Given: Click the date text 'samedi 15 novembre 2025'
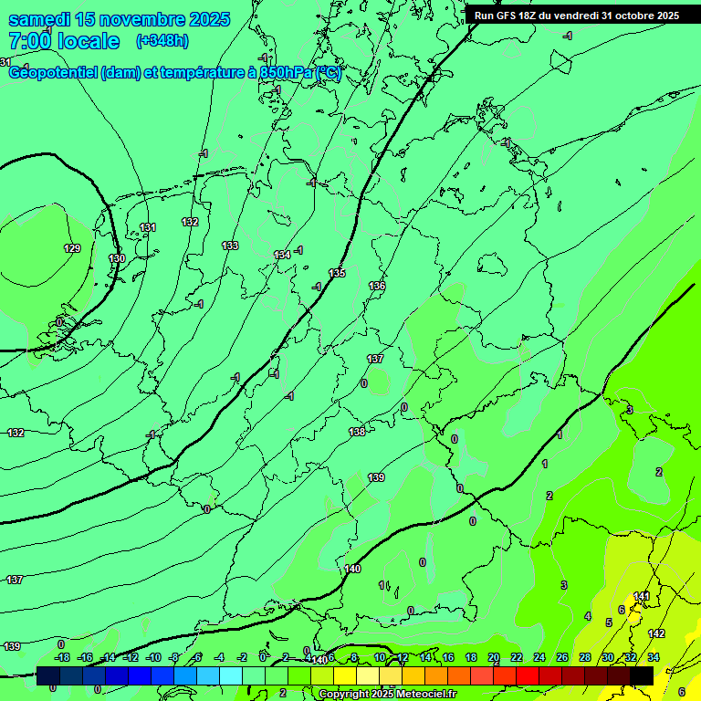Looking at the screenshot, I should (119, 19).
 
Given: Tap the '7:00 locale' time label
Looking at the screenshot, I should (64, 41).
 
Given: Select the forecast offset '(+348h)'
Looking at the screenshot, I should (162, 41).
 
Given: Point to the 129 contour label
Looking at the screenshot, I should (72, 248).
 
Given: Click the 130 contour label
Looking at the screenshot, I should (117, 259).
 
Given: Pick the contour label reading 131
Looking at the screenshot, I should (148, 227).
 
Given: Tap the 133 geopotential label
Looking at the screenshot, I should (230, 246).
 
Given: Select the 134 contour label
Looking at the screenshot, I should (282, 255).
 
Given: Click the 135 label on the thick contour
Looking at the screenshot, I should (337, 273).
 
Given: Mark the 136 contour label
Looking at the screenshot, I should (377, 286).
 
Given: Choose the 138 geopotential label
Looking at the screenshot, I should (357, 432).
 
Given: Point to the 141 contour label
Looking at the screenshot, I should (642, 596).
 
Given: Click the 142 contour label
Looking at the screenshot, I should (656, 633).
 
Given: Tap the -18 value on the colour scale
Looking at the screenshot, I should (63, 657).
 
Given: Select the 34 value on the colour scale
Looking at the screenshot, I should (654, 657).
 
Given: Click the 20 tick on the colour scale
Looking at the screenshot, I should (494, 657).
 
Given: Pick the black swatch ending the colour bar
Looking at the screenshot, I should (642, 675).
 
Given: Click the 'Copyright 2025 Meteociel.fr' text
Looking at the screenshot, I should (387, 695).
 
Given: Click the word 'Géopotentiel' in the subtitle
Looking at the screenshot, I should (53, 73).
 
